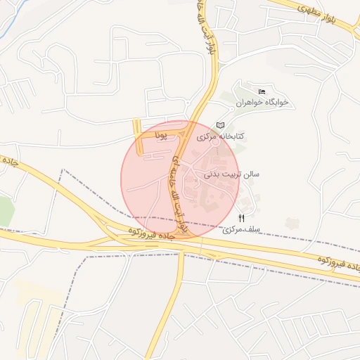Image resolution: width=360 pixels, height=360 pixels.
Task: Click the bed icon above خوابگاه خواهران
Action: [x=262, y=91]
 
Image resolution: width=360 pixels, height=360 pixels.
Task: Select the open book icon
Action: [x=221, y=124]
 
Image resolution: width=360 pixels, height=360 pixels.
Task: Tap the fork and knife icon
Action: [x=242, y=218]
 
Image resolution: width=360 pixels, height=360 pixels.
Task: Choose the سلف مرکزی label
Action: [x=242, y=230]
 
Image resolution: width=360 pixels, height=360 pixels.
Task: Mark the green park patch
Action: [x=6, y=211]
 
